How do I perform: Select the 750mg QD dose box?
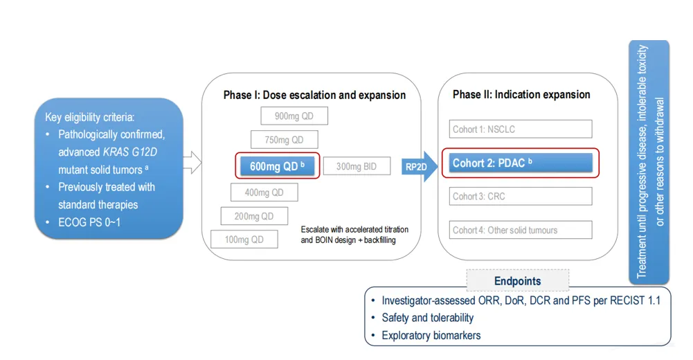[284, 140]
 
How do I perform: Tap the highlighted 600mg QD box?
[277, 166]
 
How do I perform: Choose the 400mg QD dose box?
[264, 192]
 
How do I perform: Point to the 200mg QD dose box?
[254, 216]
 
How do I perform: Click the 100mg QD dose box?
[244, 240]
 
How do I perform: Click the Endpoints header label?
[517, 281]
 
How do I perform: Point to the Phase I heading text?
[314, 95]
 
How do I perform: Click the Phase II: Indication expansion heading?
[521, 94]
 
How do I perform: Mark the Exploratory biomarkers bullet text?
[431, 336]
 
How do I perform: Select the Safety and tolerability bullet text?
[427, 318]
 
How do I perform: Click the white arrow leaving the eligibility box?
[192, 165]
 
